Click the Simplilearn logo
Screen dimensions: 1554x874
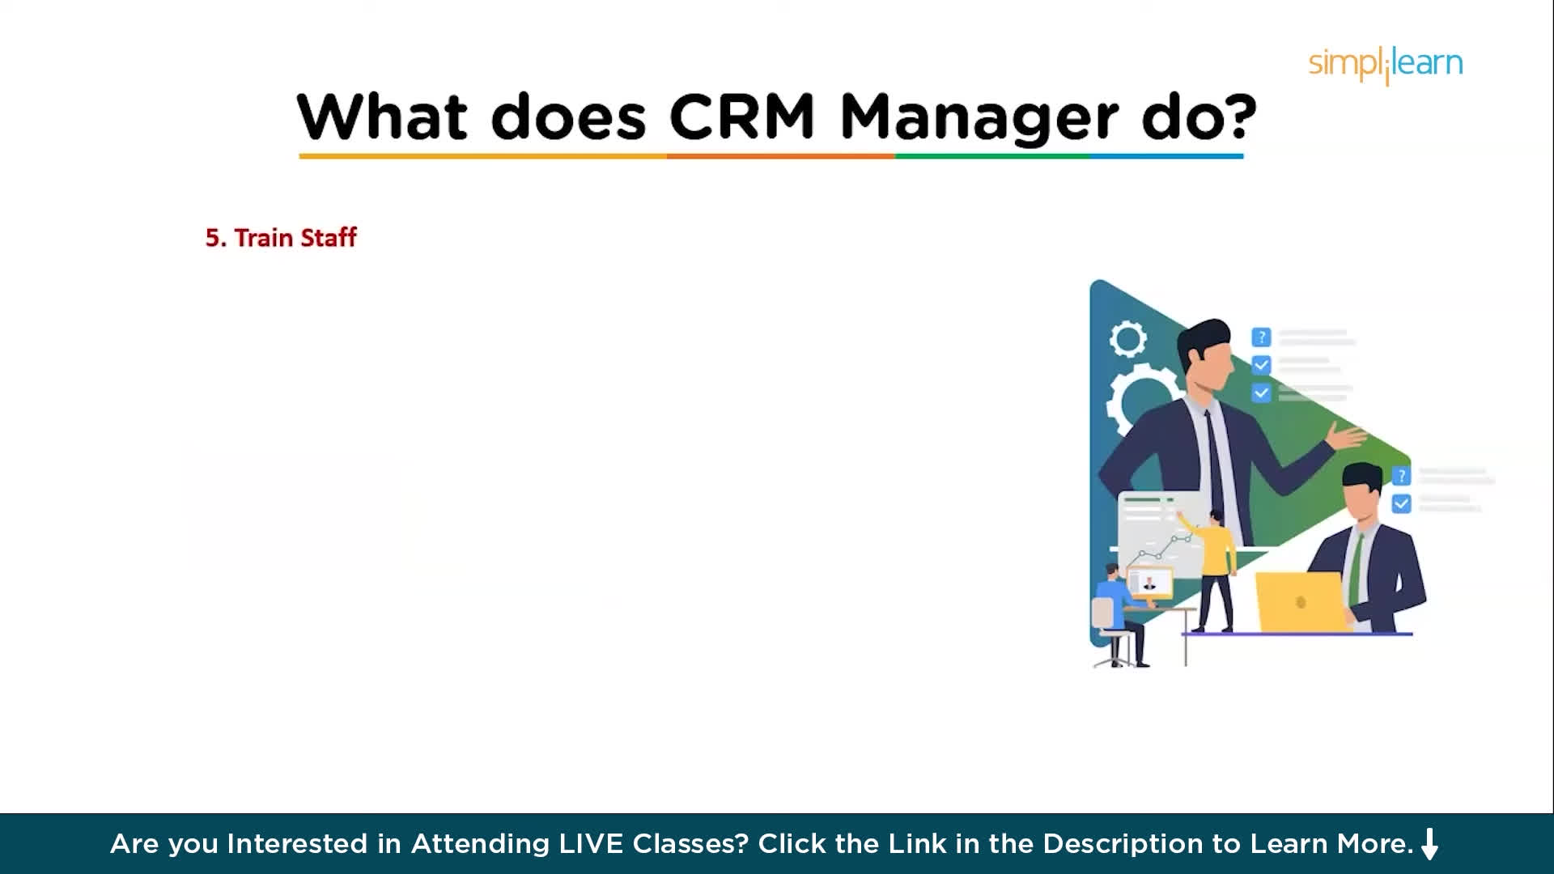pyautogui.click(x=1386, y=64)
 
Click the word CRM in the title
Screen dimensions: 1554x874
pyautogui.click(x=741, y=117)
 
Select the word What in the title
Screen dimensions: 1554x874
pyautogui.click(x=382, y=117)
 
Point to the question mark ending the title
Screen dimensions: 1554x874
pyautogui.click(x=1238, y=117)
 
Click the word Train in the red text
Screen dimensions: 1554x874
pyautogui.click(x=263, y=238)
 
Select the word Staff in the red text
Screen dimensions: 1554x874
pyautogui.click(x=329, y=237)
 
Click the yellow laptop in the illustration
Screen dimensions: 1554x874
pyautogui.click(x=1300, y=601)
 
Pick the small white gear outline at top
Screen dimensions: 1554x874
pyautogui.click(x=1127, y=338)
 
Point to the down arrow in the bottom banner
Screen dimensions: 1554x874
pyautogui.click(x=1429, y=844)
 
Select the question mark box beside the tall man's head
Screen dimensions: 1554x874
pyautogui.click(x=1261, y=337)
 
